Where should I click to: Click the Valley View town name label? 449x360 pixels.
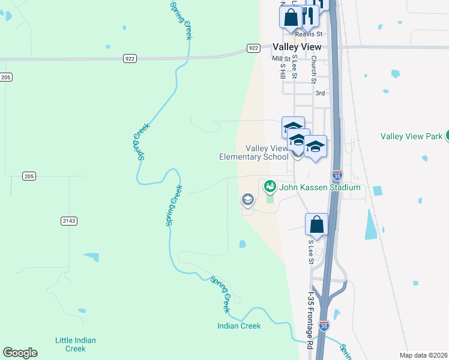pyautogui.click(x=297, y=47)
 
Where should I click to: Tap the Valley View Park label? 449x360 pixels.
pyautogui.click(x=412, y=136)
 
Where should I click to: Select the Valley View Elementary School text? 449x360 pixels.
pyautogui.click(x=254, y=152)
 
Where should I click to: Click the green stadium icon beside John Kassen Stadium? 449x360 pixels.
pyautogui.click(x=270, y=187)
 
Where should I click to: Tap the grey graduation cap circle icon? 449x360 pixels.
pyautogui.click(x=247, y=199)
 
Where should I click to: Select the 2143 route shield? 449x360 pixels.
pyautogui.click(x=69, y=221)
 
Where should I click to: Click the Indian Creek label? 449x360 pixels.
pyautogui.click(x=239, y=326)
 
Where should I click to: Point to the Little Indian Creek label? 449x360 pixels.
pyautogui.click(x=75, y=344)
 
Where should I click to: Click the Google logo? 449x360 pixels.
pyautogui.click(x=20, y=353)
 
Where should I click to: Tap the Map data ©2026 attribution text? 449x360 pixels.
pyautogui.click(x=423, y=355)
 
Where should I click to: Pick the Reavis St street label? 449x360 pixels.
pyautogui.click(x=312, y=34)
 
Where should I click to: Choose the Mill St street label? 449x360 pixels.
pyautogui.click(x=280, y=58)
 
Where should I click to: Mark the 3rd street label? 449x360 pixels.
pyautogui.click(x=320, y=93)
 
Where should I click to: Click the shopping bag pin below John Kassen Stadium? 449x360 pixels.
pyautogui.click(x=316, y=225)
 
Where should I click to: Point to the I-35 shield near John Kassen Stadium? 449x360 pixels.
pyautogui.click(x=338, y=176)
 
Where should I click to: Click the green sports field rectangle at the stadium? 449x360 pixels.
pyautogui.click(x=270, y=199)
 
